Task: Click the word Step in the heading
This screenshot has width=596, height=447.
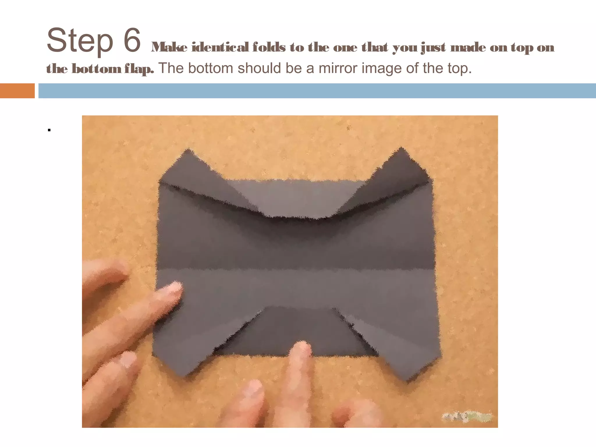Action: [79, 41]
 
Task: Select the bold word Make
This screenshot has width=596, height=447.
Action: [169, 47]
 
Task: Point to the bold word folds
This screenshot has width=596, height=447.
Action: [269, 47]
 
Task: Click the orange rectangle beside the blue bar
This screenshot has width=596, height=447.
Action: [17, 91]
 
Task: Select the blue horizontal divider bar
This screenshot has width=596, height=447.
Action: [317, 91]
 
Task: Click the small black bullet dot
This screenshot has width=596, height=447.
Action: [49, 130]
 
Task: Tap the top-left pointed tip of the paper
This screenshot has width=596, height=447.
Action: [189, 151]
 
